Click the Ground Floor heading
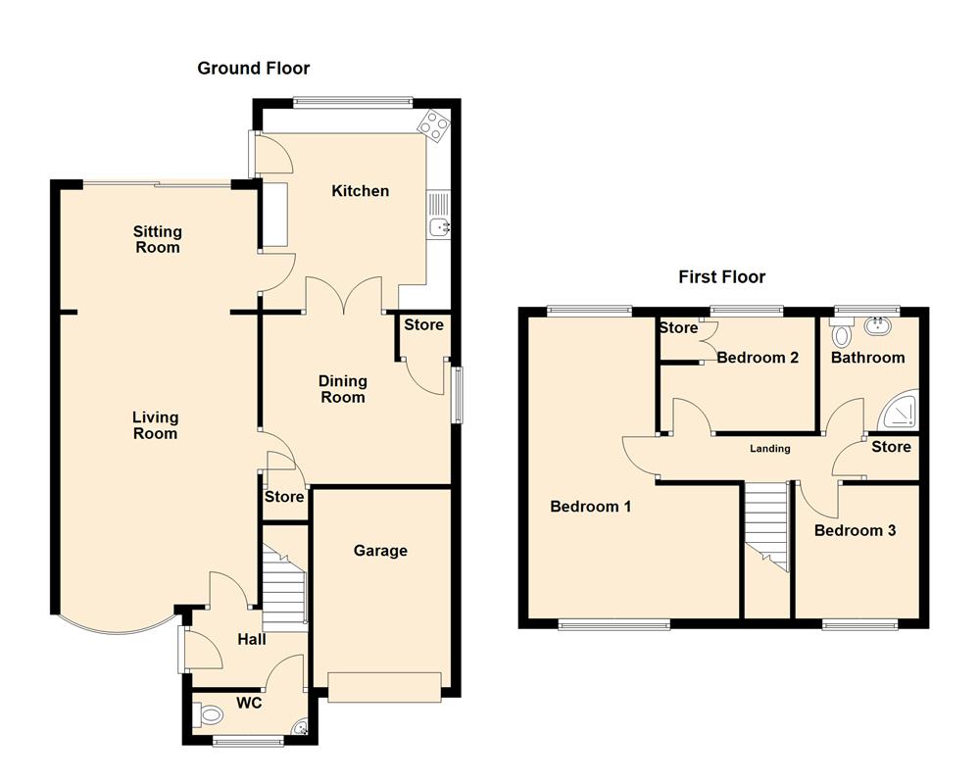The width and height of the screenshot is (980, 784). (253, 68)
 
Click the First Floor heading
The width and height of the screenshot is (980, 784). (721, 277)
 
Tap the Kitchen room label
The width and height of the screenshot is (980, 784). (360, 191)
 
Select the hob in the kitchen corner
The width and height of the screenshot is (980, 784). (433, 123)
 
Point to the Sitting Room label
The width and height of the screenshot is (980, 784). (158, 240)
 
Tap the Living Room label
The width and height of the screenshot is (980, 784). (155, 425)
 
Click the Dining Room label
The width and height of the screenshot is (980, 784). (342, 389)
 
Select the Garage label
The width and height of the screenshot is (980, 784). (380, 551)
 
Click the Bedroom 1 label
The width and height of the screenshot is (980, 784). (590, 507)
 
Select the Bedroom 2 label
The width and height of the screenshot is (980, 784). (757, 358)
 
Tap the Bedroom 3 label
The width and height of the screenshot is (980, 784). (855, 530)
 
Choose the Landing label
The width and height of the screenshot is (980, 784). (770, 449)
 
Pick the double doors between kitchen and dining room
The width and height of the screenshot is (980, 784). (344, 295)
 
